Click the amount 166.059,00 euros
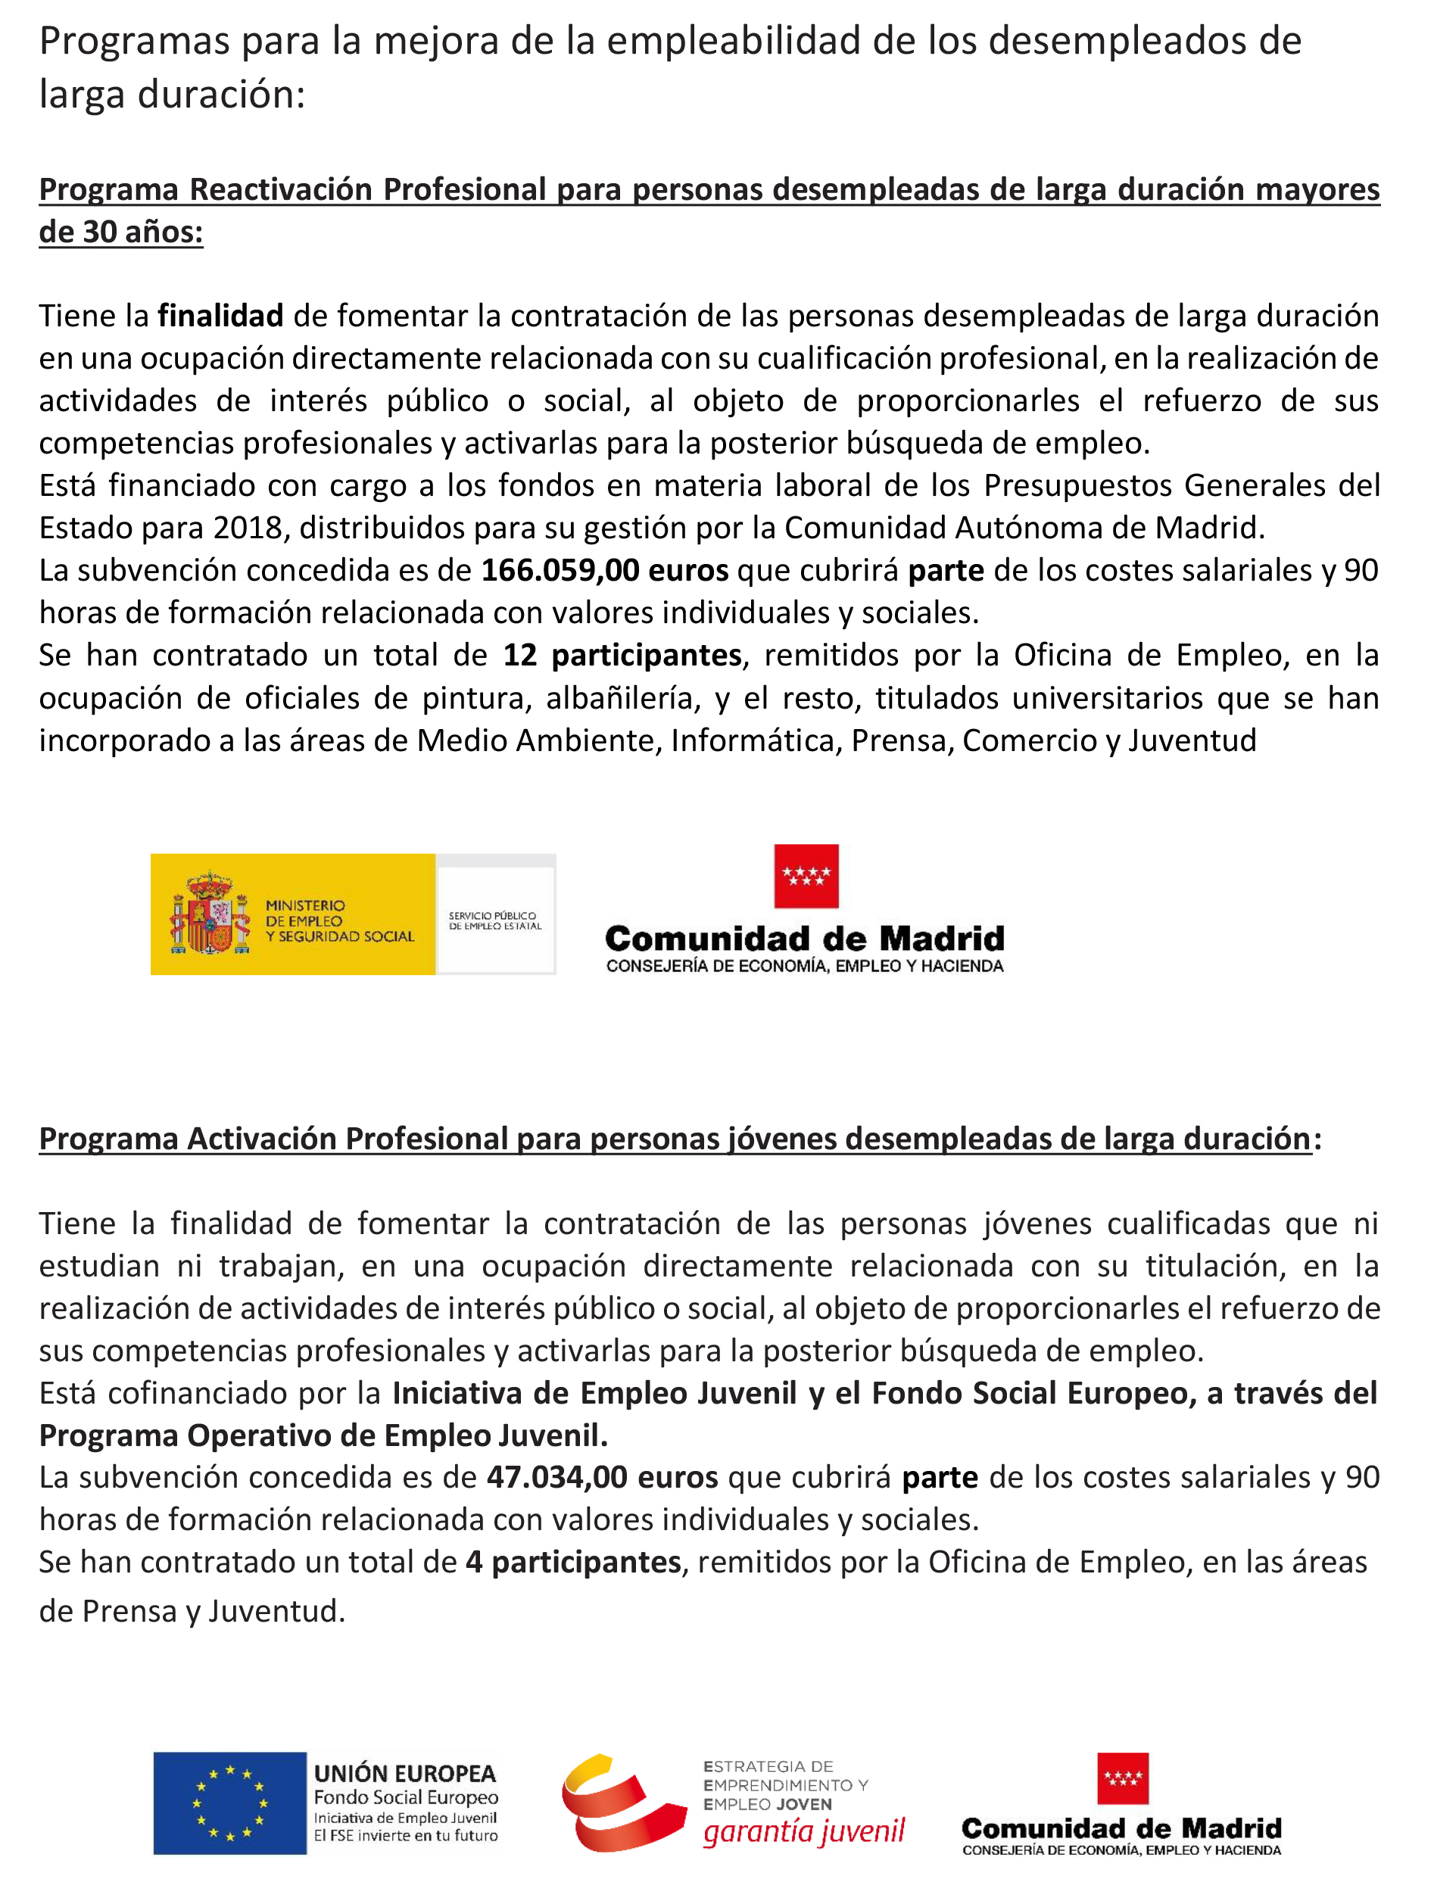pos(604,571)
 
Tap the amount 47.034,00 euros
pos(602,1477)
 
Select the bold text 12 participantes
pos(622,656)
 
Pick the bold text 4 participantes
pos(573,1562)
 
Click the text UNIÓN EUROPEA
pos(405,1773)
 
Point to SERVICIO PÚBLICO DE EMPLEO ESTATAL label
pos(495,921)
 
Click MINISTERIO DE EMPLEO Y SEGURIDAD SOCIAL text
pos(340,921)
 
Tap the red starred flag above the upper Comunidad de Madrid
pos(806,876)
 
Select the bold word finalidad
pos(220,316)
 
